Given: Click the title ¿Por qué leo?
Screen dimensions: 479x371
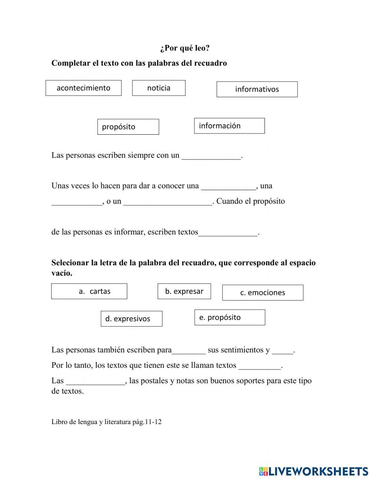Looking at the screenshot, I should [185, 48].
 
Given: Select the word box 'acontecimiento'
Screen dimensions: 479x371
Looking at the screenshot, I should [83, 88].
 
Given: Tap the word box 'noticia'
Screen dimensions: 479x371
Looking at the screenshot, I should [159, 88].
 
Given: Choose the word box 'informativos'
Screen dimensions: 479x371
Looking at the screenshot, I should [257, 89].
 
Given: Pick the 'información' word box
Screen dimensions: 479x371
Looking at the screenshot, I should [229, 126].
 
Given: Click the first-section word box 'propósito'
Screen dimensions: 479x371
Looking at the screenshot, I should [128, 127].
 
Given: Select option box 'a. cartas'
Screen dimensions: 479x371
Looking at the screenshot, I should [89, 291].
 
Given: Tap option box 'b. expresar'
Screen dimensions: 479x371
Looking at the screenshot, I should [184, 291].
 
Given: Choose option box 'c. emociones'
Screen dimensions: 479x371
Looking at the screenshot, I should [263, 293].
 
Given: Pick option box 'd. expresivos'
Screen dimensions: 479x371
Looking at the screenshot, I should [131, 319].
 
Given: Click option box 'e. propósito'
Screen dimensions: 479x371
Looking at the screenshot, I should [230, 317].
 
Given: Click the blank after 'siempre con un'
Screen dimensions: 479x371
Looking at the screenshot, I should [211, 156].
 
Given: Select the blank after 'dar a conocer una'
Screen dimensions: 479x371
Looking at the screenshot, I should [229, 186].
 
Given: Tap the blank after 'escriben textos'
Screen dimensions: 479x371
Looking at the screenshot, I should [228, 233].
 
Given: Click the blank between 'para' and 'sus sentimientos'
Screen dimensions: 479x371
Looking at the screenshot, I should [188, 350].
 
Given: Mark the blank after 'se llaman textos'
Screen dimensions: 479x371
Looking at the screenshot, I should [260, 366].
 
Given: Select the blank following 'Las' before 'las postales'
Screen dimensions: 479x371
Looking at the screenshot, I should [95, 381].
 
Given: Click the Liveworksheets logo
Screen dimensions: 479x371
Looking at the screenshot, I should [313, 471].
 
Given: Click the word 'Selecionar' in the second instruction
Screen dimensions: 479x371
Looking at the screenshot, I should [70, 263].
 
